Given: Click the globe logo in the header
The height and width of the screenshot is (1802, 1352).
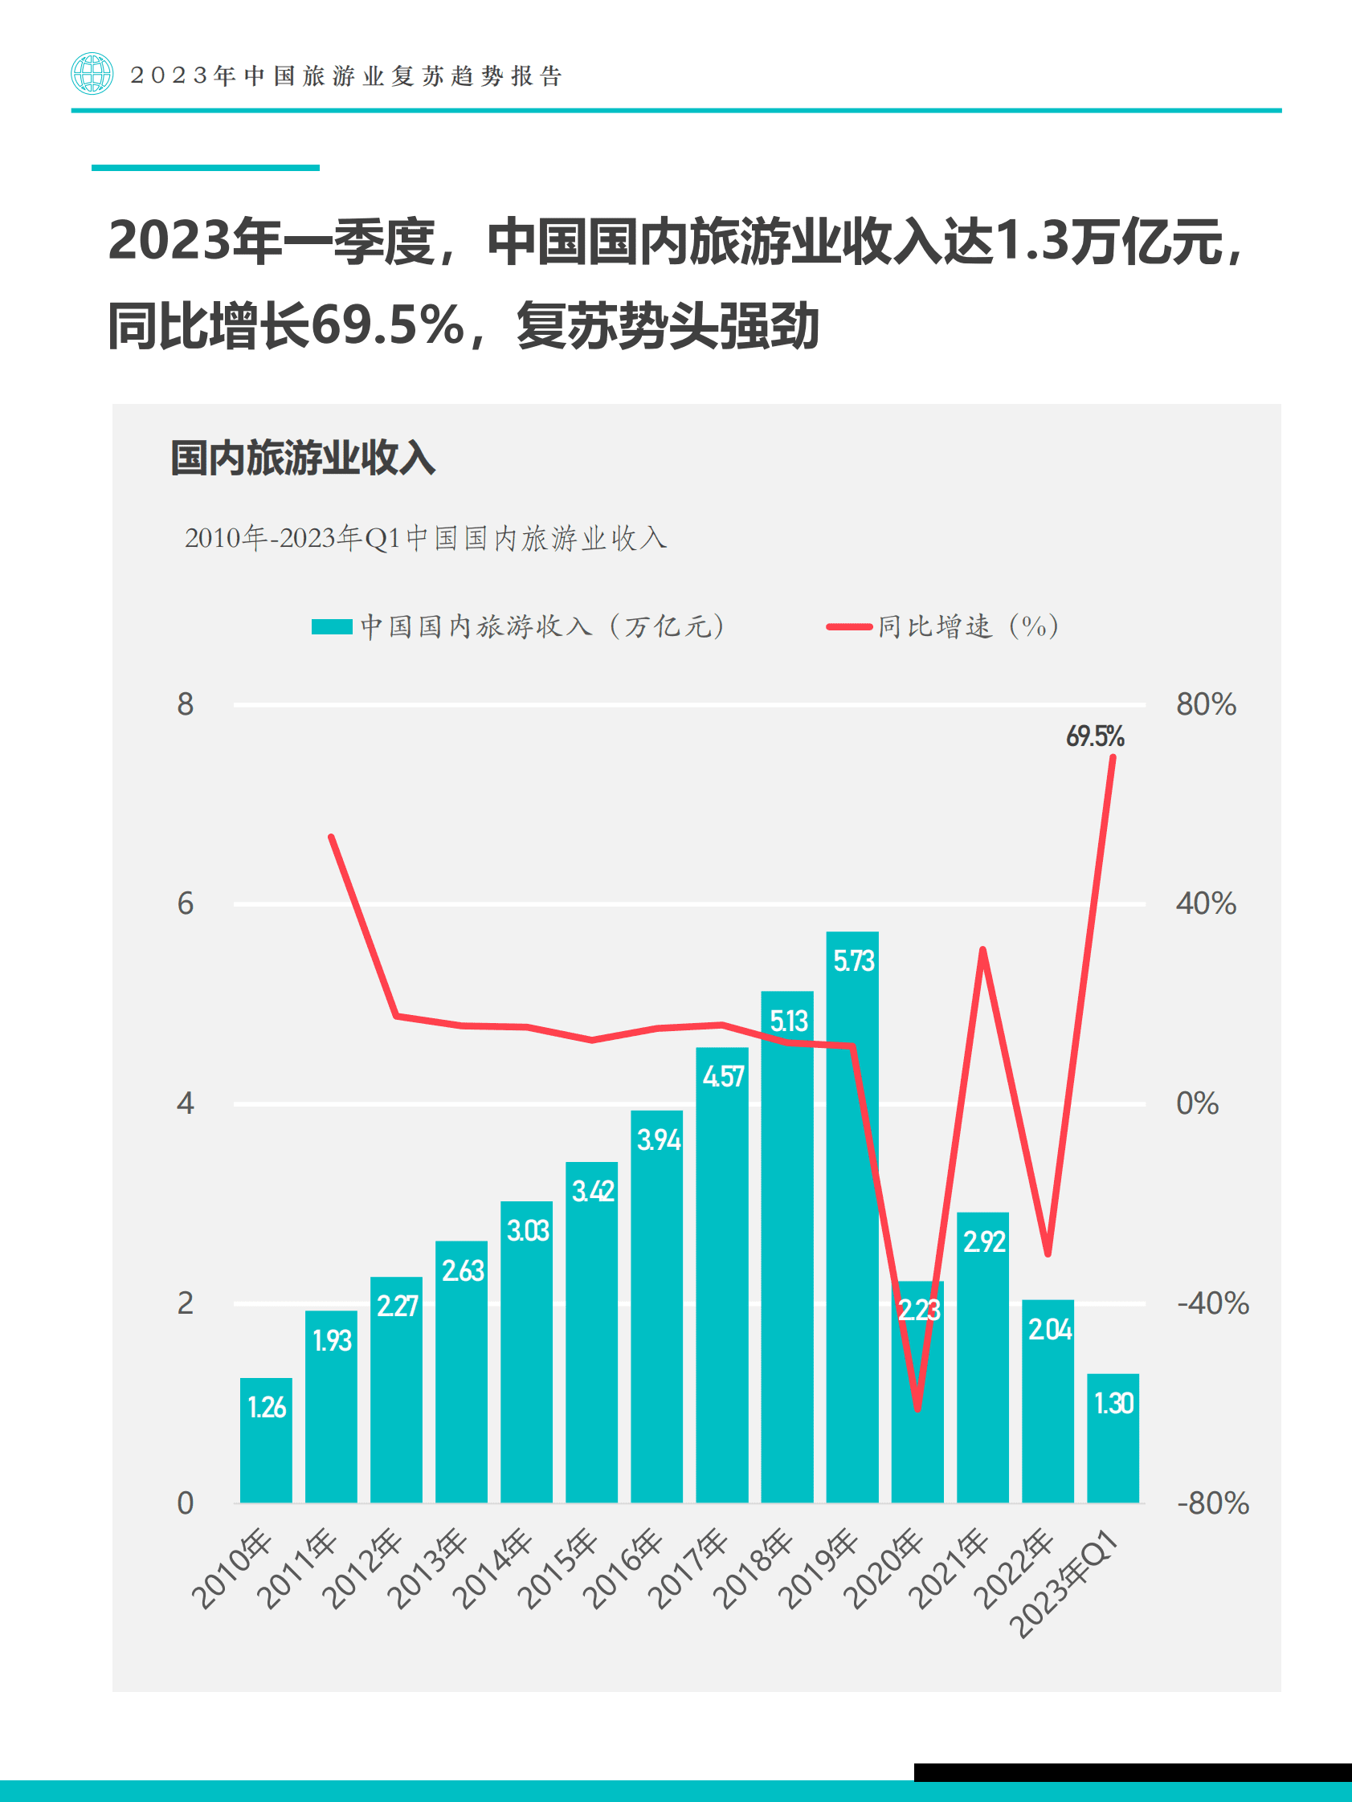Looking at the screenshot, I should point(92,74).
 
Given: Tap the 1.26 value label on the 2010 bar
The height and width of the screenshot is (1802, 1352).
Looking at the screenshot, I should point(267,1407).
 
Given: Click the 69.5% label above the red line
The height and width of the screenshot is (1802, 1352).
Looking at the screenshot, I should point(1094,736).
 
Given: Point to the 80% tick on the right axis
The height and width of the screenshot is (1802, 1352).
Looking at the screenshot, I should point(1205,705).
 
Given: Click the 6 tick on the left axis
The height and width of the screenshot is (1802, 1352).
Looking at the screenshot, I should point(186,903).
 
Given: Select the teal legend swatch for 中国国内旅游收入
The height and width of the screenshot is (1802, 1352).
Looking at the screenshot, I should point(332,626).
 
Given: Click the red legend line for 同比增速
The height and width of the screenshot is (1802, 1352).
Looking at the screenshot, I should point(849,626).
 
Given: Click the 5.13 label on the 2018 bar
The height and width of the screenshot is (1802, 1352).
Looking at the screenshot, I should point(788,1021).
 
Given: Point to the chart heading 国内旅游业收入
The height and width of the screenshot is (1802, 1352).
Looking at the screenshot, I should point(302,458).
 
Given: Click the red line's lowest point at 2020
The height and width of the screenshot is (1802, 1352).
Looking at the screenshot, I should point(917,1409).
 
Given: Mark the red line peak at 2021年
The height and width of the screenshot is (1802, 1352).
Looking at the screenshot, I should point(982,950).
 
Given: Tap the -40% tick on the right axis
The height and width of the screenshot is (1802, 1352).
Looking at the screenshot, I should point(1212,1303).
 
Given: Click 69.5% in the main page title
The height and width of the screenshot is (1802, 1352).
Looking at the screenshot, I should point(388,326).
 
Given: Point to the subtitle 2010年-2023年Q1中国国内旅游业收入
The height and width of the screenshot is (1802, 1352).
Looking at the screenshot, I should point(426,539).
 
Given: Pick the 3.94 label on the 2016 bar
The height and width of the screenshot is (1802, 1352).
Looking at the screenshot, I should point(658,1139).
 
